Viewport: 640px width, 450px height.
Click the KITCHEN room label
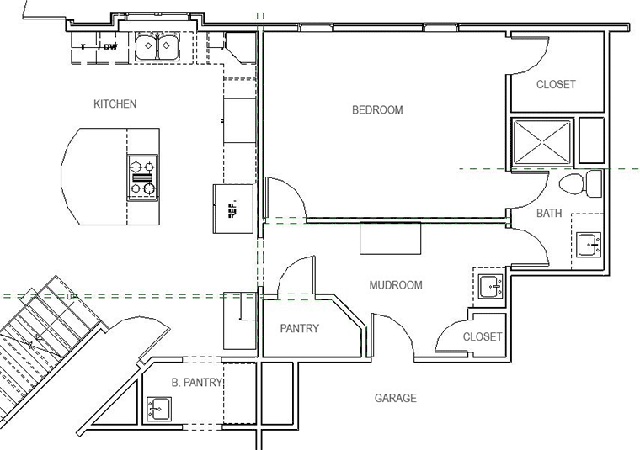pos(115,104)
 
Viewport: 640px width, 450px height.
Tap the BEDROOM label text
pos(377,110)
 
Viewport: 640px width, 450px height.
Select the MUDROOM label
pos(396,285)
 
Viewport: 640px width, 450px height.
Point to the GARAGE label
pos(395,398)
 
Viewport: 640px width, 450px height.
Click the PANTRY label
pos(299,329)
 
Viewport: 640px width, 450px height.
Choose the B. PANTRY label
pos(196,383)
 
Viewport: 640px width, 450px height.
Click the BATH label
pos(549,214)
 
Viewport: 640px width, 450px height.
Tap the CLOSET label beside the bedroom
pos(556,85)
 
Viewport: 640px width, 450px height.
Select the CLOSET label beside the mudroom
pos(483,336)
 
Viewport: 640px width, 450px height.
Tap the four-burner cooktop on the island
pos(142,177)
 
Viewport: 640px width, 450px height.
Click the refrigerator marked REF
pos(232,209)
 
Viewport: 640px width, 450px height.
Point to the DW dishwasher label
pos(110,47)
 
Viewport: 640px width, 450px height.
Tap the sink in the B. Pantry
pos(157,409)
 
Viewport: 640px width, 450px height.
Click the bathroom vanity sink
pos(589,245)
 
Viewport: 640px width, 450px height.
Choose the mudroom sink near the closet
pos(490,287)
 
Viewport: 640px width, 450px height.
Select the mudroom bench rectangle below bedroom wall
pos(392,238)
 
